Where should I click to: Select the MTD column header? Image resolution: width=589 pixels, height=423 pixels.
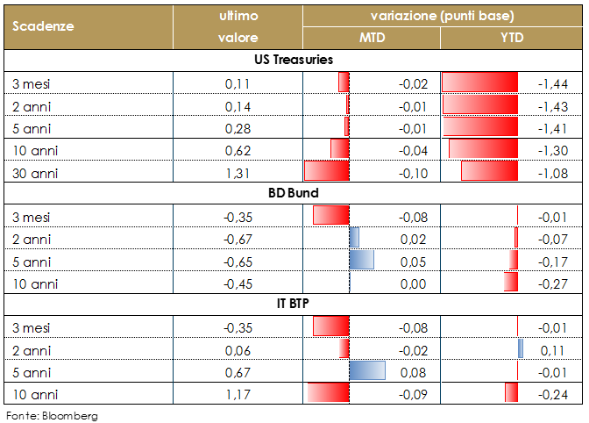point(372,38)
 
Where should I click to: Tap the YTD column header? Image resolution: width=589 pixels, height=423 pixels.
point(512,38)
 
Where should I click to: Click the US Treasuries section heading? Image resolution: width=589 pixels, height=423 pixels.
point(293,60)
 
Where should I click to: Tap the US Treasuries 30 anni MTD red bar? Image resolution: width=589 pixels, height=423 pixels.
point(326,170)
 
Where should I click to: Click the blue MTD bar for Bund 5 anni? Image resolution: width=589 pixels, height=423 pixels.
point(362,260)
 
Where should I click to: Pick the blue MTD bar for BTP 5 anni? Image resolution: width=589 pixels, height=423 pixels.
point(367,370)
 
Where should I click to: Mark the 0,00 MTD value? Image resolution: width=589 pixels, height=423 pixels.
point(412,283)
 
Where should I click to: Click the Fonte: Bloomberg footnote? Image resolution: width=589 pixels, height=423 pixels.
point(52,415)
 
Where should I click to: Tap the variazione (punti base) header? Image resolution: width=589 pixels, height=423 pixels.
point(442,15)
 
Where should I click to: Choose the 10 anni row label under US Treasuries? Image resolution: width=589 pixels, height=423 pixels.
point(32,149)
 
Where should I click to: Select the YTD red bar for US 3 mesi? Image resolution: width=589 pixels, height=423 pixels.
point(479,83)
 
